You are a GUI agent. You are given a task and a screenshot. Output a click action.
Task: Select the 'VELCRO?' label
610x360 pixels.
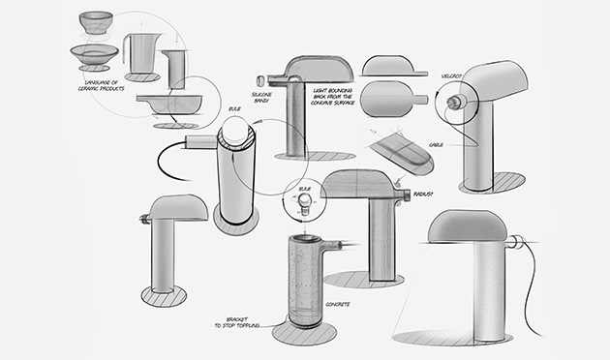[x=454, y=74]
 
